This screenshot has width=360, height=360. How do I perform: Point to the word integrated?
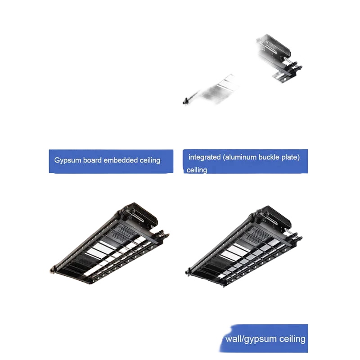[205, 157]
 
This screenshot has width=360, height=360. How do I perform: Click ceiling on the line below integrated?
[197, 170]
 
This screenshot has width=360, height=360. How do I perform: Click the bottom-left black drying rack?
[109, 243]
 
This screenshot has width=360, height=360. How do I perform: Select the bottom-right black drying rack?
[243, 246]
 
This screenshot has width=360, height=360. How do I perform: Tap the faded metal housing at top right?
[279, 58]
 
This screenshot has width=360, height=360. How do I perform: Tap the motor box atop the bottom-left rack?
[140, 214]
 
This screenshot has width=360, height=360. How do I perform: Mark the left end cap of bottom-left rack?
[53, 269]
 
